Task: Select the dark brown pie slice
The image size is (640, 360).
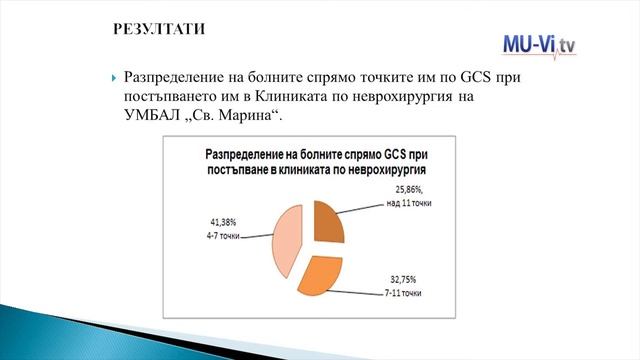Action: [327, 224]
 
